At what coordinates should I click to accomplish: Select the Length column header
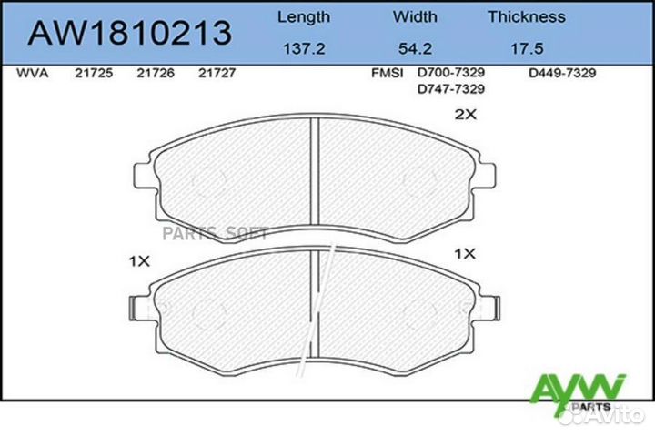pos(303,16)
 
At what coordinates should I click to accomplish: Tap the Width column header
pos(415,16)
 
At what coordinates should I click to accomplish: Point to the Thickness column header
pos(526,16)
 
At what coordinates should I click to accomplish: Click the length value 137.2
pos(303,50)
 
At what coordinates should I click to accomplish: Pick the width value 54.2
pos(415,50)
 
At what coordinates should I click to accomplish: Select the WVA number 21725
pos(93,74)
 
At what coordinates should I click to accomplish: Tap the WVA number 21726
pos(156,74)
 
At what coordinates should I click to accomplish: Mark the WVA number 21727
pos(217,74)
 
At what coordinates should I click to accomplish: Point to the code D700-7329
pos(450,74)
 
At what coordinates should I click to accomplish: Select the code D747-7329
pos(450,88)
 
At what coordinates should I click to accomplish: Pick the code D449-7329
pos(562,74)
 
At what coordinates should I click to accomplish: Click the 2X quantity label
pos(466,115)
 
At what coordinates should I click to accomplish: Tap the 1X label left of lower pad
pos(138,261)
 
